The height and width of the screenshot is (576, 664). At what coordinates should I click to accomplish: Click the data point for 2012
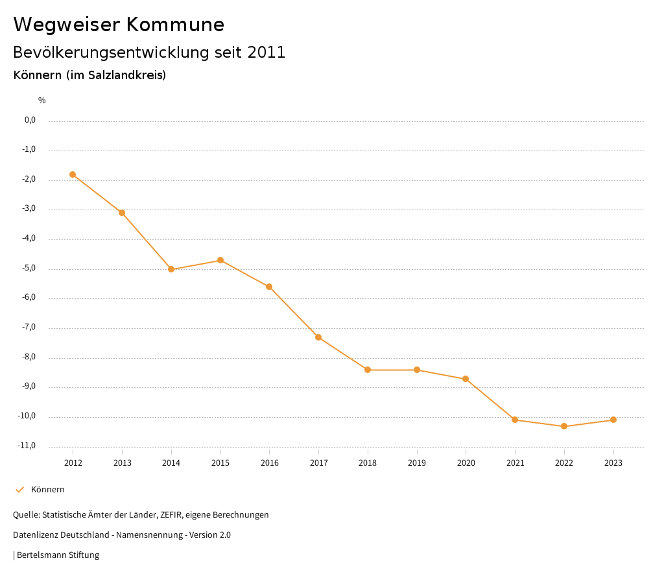point(73,174)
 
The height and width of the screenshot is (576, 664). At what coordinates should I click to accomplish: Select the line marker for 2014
point(171,269)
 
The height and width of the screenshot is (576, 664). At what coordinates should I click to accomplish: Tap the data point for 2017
point(318,337)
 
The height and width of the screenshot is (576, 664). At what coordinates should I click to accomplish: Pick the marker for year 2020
point(466,379)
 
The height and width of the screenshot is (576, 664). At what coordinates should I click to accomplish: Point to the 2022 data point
point(564,426)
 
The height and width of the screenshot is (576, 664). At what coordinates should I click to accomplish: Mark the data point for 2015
point(220,260)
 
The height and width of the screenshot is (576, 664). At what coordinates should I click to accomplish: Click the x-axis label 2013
point(122,463)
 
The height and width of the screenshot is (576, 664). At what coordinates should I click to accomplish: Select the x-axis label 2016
point(269,463)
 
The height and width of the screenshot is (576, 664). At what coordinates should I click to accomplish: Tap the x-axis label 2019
point(417,463)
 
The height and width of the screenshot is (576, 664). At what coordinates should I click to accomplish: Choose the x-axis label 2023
point(613,463)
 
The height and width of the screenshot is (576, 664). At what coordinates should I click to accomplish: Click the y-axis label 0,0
point(30,120)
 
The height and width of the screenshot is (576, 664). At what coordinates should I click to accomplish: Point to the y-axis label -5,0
point(29,268)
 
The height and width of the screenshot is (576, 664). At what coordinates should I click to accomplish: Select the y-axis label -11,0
point(28,446)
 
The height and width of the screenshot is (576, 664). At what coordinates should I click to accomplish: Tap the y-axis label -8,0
point(29,357)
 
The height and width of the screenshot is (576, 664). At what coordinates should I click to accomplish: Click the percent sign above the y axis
point(42,101)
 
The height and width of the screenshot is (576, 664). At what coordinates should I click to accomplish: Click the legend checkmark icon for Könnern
point(19,490)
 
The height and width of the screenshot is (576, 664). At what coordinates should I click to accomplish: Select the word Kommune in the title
point(175,25)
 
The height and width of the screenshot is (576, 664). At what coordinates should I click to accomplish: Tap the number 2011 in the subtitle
point(267,53)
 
